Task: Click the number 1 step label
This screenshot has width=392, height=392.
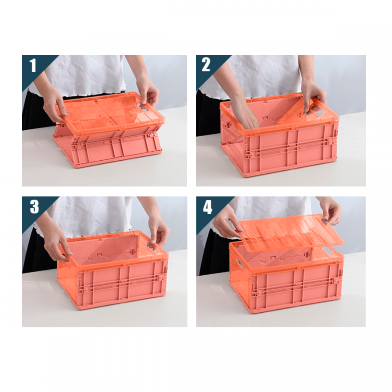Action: pyautogui.click(x=33, y=65)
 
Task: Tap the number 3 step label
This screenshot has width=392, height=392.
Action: pyautogui.click(x=34, y=207)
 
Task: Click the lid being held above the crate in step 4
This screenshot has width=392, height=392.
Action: pyautogui.click(x=291, y=233)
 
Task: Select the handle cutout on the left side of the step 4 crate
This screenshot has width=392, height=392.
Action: pyautogui.click(x=239, y=264)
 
